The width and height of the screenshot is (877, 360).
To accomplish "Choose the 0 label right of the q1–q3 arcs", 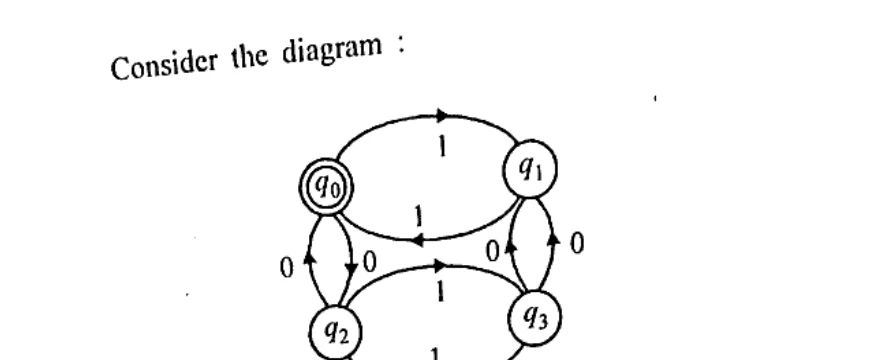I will click(574, 243).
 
